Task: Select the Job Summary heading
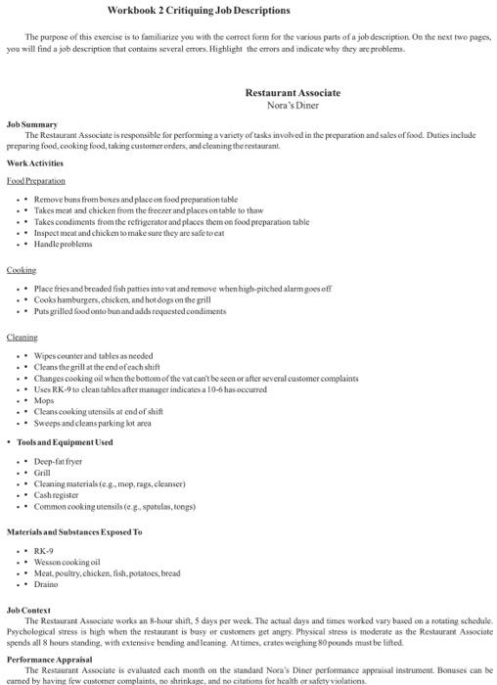point(32,125)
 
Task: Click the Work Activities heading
point(35,163)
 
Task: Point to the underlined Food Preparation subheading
point(36,181)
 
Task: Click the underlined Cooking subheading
point(22,270)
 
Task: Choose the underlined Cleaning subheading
point(23,337)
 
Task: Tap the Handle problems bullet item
point(64,245)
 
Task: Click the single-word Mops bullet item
point(44,400)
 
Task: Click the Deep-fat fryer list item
point(59,460)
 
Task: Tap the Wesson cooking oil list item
point(68,562)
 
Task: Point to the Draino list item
point(46,584)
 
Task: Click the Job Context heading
point(29,610)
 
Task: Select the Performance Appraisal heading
point(49,659)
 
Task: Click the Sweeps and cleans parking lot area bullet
point(93,424)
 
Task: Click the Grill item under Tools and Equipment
point(42,472)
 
